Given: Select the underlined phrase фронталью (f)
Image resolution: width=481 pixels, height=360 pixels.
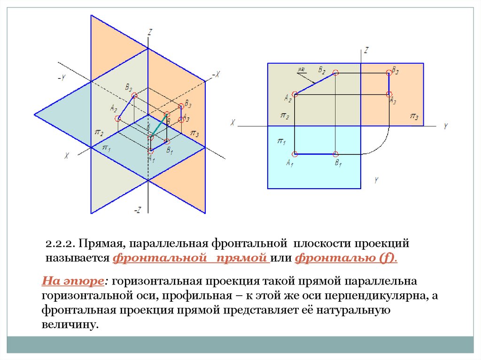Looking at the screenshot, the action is (x=346, y=258).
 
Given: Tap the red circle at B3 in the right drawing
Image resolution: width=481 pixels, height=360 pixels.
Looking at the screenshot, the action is (x=388, y=72).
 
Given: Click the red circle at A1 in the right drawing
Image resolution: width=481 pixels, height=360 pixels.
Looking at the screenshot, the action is (x=295, y=154).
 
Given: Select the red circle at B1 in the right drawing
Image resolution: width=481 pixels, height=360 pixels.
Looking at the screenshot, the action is (x=335, y=154).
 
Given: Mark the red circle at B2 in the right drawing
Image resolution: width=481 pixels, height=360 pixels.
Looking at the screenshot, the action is (x=335, y=72).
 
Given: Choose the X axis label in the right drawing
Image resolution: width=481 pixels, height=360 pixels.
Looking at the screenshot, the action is (x=233, y=123).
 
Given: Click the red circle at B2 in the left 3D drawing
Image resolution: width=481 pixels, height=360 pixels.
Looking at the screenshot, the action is (x=134, y=96).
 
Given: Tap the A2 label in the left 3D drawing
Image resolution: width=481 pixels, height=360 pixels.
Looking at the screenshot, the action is (x=113, y=108).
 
